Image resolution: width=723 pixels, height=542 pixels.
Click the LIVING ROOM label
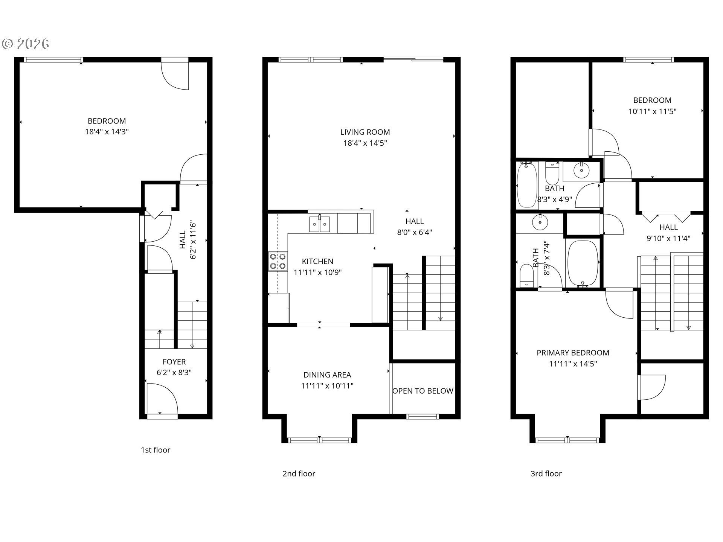(365, 132)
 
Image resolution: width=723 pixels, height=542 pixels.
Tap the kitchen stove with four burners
(278, 261)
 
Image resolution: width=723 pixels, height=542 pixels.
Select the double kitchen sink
(319, 224)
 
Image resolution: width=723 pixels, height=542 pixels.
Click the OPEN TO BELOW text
(423, 391)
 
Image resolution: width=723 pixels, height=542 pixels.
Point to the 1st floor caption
(156, 450)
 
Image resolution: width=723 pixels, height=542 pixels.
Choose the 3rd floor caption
(546, 473)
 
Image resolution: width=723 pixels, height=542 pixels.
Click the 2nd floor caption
(299, 473)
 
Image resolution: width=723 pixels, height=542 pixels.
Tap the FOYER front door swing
(162, 399)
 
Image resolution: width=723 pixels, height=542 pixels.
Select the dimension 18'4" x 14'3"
(107, 132)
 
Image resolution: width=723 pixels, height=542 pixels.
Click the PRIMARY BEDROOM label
(573, 353)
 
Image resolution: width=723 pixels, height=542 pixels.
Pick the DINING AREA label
(327, 375)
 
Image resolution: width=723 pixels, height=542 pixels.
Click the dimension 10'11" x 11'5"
(653, 111)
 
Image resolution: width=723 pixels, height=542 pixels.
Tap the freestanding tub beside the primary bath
(582, 264)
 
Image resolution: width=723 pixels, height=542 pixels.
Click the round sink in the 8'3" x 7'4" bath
(540, 222)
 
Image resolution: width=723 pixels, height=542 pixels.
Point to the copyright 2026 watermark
(26, 44)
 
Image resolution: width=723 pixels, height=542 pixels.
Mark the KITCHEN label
(317, 261)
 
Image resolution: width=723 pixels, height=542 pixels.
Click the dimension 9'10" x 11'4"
(668, 238)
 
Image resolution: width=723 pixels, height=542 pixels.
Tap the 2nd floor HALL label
(415, 221)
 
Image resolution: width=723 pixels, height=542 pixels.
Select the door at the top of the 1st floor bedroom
(175, 74)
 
